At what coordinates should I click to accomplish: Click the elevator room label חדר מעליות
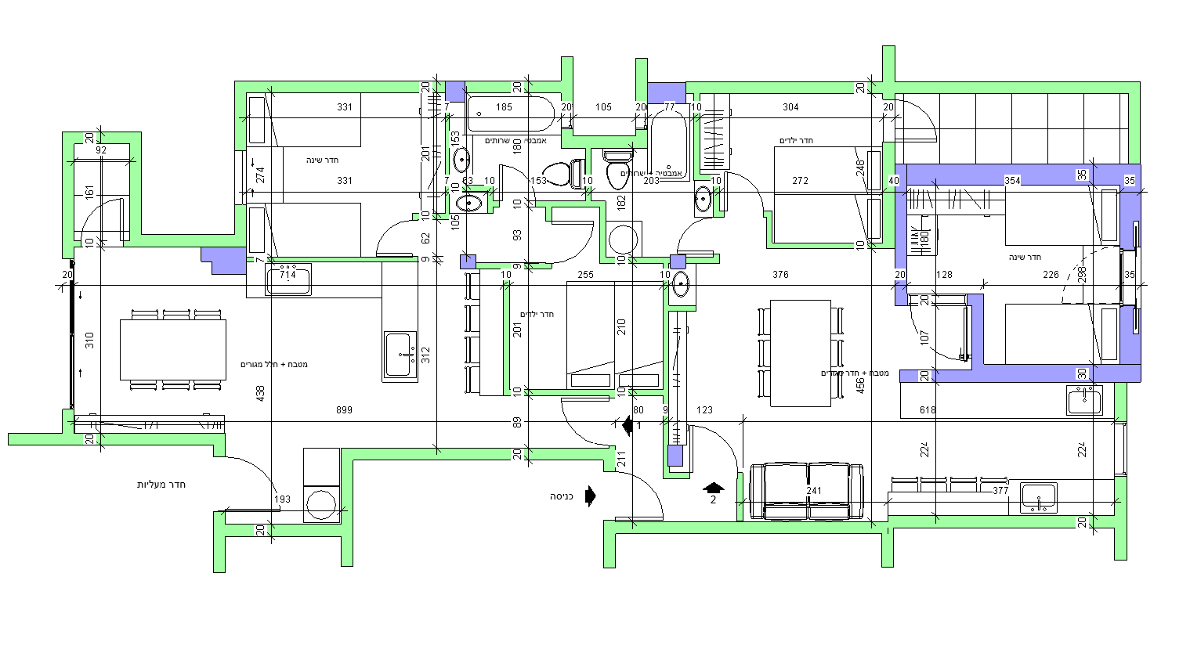pos(161,485)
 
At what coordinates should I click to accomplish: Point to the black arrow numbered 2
pos(713,489)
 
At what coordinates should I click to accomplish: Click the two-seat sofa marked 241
pos(807,491)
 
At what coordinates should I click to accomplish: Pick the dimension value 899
pos(344,410)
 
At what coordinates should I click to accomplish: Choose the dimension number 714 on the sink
pos(288,275)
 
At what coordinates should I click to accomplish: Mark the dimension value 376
pos(780,275)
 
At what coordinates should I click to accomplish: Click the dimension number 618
pos(928,410)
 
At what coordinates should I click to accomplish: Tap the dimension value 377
pos(1000,491)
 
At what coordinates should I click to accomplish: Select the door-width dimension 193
pos(282,499)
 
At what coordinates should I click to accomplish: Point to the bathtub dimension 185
pos(504,107)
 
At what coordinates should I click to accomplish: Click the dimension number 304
pos(790,107)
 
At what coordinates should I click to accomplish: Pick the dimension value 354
pos(1012,181)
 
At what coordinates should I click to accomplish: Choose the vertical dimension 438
pos(261,394)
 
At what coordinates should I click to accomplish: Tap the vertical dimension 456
pos(860,386)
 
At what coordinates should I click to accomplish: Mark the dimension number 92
pos(101,150)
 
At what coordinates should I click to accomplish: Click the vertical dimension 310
pos(89,341)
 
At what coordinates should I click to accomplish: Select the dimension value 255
pos(585,275)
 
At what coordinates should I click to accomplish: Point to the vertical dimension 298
pos(1082,274)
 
